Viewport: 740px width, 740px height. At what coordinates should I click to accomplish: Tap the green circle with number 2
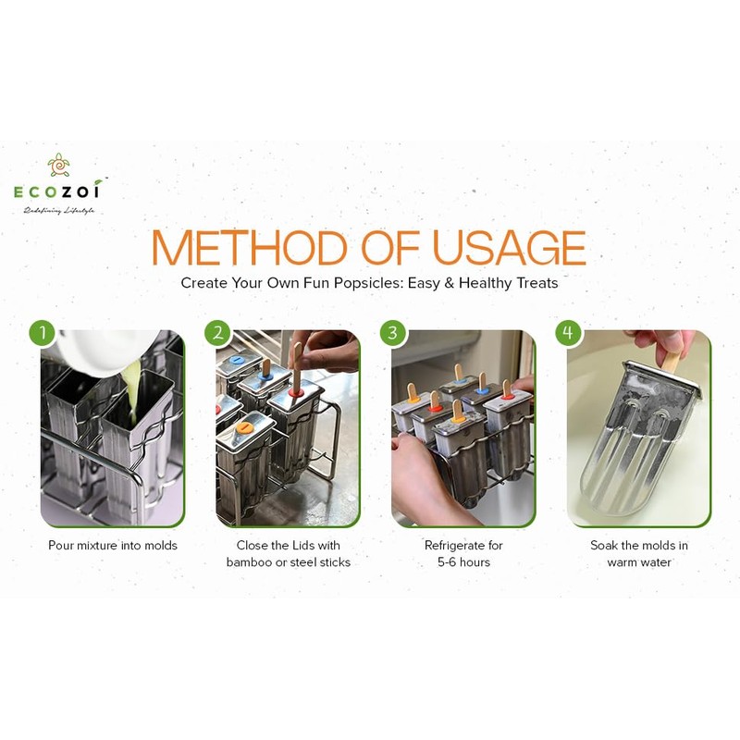(x=217, y=332)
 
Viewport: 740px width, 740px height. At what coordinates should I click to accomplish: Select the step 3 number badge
(x=393, y=332)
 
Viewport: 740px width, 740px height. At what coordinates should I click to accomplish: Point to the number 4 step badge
(x=568, y=332)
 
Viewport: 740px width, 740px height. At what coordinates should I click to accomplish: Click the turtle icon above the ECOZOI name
(x=60, y=166)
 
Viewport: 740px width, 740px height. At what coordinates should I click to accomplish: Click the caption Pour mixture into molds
(x=113, y=546)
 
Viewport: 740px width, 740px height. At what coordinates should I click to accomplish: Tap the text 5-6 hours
(x=464, y=562)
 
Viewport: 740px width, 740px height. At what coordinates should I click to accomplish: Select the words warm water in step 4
(x=639, y=562)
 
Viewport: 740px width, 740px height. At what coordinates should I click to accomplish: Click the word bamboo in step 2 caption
(x=248, y=562)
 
